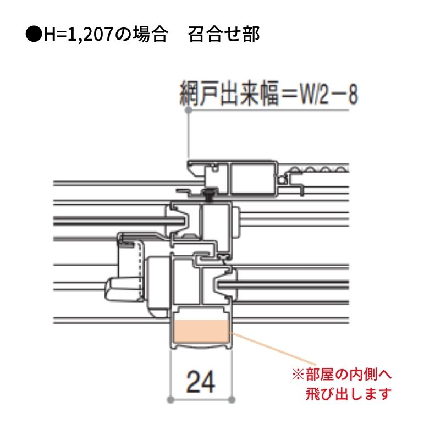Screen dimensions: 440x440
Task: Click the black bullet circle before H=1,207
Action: coord(34,34)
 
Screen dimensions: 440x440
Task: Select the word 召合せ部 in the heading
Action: coord(224,35)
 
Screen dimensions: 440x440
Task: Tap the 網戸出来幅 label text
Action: coord(229,93)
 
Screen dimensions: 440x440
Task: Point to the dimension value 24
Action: coord(201,382)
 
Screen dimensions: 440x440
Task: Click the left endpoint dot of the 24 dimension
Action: coord(170,400)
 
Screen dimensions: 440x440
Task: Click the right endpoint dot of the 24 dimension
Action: coord(232,400)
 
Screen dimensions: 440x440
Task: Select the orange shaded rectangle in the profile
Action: coord(201,332)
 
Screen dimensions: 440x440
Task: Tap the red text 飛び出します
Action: coord(349,394)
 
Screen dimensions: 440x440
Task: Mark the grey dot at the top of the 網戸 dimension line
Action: coord(189,110)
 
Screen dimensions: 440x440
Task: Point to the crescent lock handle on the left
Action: coord(123,289)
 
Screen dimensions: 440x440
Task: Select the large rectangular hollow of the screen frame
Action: coord(252,179)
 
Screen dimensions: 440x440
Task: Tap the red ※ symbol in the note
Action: coord(298,375)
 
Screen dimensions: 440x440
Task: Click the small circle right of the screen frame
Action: coord(282,179)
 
